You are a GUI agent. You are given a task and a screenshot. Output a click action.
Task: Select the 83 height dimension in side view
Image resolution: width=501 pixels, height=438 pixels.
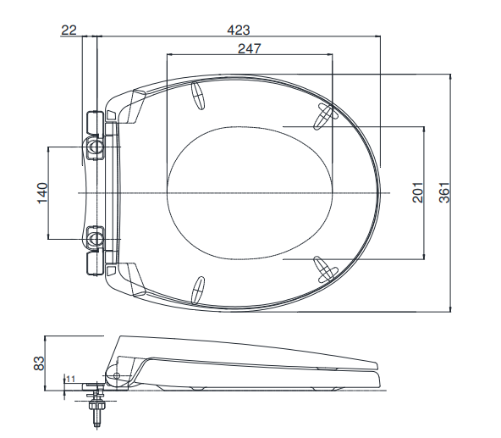[x=39, y=363]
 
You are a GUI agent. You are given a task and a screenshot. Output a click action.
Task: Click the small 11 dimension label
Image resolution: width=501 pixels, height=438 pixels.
[x=71, y=379]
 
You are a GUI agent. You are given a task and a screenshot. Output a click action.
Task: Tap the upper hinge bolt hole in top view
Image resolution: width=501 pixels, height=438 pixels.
[x=96, y=150]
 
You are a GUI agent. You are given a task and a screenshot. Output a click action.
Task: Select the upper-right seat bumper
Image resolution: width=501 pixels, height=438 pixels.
[x=325, y=117]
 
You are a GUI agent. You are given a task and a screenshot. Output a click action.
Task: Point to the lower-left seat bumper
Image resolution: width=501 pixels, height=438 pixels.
[x=200, y=290]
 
